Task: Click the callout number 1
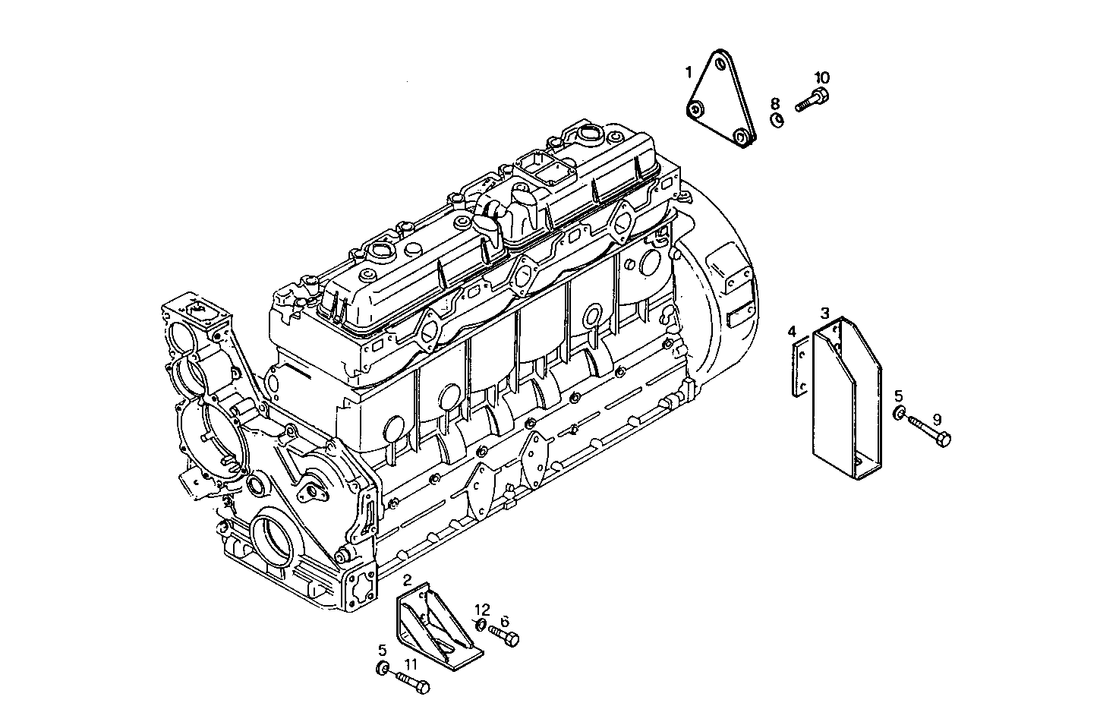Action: click(689, 72)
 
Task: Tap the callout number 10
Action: click(822, 77)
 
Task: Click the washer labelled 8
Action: click(776, 120)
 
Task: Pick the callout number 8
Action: click(774, 103)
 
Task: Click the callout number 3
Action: click(824, 312)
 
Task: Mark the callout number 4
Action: click(792, 331)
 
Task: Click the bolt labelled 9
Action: click(930, 430)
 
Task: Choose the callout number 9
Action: click(936, 419)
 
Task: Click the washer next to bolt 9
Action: click(899, 413)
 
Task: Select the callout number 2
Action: click(408, 580)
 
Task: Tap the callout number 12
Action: click(483, 609)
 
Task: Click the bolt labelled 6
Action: click(503, 635)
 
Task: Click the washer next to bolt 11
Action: click(384, 668)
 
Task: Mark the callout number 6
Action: click(505, 620)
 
